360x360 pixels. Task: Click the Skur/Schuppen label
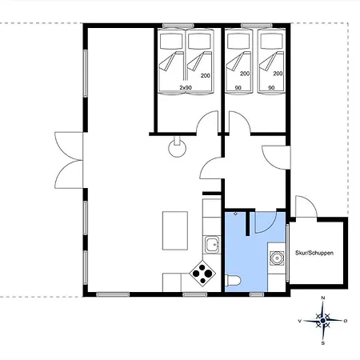tap(314, 253)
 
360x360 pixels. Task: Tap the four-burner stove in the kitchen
tap(202, 274)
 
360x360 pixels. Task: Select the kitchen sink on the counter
tap(212, 245)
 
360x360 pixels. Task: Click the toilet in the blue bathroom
tap(233, 281)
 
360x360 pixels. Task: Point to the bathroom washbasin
tap(277, 258)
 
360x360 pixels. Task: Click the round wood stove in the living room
tap(178, 146)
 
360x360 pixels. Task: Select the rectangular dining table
tap(175, 230)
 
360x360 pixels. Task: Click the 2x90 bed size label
tap(186, 87)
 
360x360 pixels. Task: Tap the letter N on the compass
tap(323, 298)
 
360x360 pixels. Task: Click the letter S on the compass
tap(323, 343)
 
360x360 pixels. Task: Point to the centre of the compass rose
tap(323, 321)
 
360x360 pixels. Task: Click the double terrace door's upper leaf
tap(69, 146)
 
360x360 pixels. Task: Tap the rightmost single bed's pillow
tap(271, 41)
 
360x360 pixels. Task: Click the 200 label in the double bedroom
tap(206, 76)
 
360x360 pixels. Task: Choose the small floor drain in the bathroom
tap(235, 214)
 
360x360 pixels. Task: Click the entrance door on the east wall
tap(276, 158)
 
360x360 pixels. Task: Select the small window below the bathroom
tap(257, 294)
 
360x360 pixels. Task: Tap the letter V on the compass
tap(300, 321)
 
